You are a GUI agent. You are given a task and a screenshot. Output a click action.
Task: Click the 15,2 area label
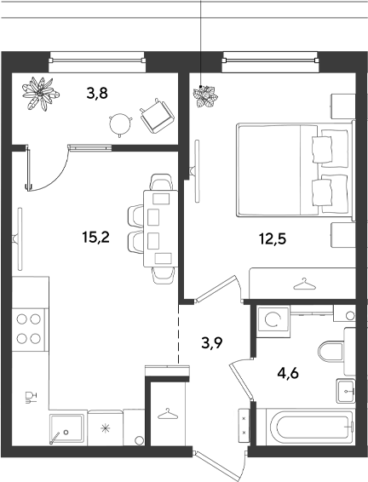click(96, 238)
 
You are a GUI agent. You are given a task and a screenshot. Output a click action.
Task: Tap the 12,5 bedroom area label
click(273, 238)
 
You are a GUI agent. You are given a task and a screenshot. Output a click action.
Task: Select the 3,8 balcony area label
click(97, 93)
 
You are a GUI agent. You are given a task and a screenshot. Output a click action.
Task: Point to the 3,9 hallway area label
click(212, 342)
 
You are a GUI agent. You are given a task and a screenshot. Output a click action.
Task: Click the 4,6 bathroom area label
click(288, 374)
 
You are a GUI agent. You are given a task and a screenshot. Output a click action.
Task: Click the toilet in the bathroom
click(331, 352)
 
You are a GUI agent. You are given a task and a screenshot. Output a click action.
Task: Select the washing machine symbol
click(273, 319)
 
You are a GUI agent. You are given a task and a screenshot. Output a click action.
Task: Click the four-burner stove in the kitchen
click(29, 330)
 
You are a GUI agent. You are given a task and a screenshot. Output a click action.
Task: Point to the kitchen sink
click(66, 429)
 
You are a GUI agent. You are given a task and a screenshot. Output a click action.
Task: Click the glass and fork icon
click(31, 397)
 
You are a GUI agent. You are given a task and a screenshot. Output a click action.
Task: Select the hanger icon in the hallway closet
click(168, 414)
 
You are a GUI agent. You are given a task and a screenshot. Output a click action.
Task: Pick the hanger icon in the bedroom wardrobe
click(304, 284)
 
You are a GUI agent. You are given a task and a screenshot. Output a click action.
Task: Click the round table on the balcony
click(120, 124)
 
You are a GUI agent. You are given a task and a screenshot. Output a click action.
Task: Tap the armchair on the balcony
click(157, 116)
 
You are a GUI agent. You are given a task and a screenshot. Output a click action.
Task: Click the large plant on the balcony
click(40, 93)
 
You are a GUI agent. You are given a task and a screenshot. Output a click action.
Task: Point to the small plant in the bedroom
click(205, 96)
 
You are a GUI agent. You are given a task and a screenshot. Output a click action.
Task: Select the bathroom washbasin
click(346, 391)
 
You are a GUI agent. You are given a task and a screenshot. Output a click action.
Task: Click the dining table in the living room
click(160, 229)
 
